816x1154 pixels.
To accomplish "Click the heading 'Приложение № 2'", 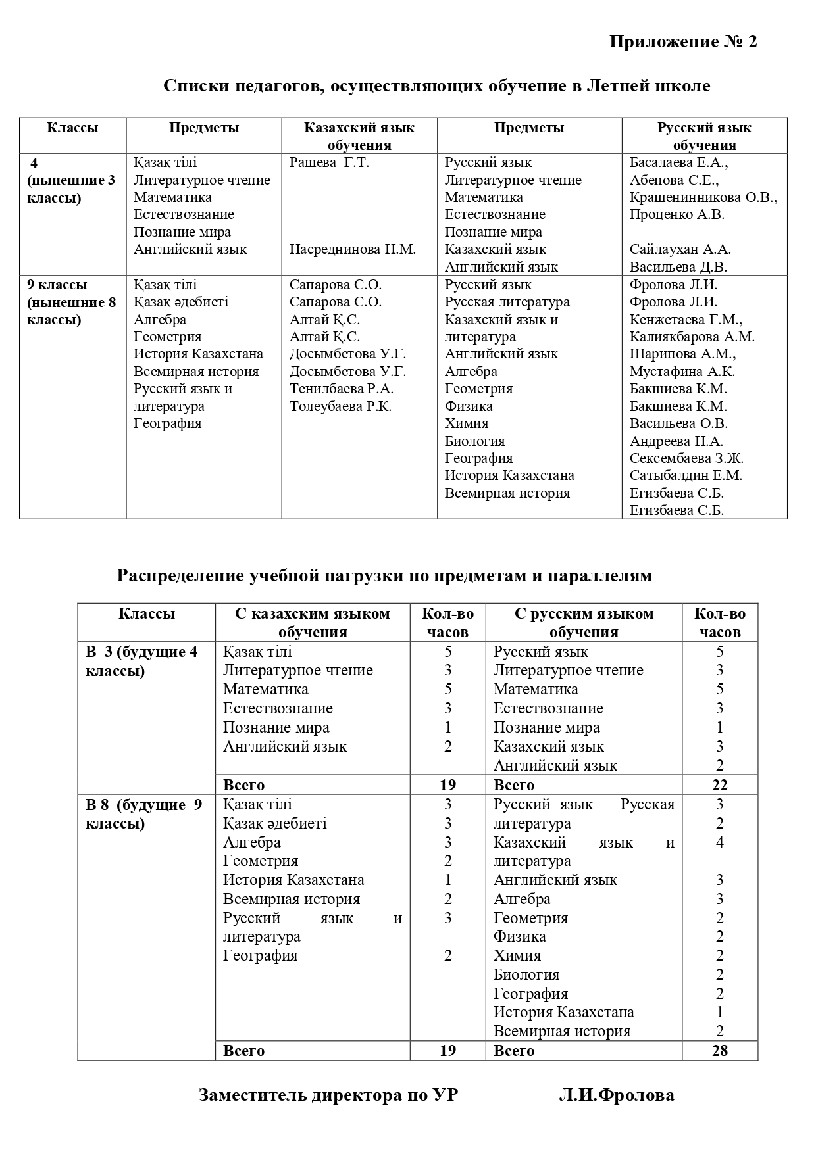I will click(x=683, y=42).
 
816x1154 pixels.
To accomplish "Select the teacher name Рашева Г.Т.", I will click(x=329, y=163).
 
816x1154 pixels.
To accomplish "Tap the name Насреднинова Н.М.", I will click(x=353, y=250).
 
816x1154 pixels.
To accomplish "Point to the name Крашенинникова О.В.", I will click(x=703, y=197).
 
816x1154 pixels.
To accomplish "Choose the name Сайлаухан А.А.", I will click(x=680, y=249).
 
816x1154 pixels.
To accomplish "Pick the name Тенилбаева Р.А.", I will click(x=342, y=389).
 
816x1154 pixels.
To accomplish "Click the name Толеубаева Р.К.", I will click(x=341, y=406).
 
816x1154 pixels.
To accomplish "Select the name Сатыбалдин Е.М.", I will click(x=686, y=475).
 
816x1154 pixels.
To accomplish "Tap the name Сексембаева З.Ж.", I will click(x=686, y=458).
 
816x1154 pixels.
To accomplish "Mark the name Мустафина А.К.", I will click(x=682, y=372).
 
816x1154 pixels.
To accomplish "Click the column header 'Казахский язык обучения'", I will click(x=359, y=136).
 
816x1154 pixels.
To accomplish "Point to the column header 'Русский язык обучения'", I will click(x=704, y=136).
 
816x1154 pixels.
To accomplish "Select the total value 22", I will click(x=719, y=785).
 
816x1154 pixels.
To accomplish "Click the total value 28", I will click(x=719, y=1051).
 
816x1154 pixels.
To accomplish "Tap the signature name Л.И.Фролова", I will click(x=616, y=1095).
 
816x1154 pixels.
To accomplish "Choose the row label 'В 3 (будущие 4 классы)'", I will click(x=142, y=661).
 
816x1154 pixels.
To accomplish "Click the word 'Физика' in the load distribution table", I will click(x=520, y=936).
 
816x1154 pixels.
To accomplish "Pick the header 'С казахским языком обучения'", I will click(x=313, y=623).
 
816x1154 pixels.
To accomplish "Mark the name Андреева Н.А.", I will click(x=676, y=441).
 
